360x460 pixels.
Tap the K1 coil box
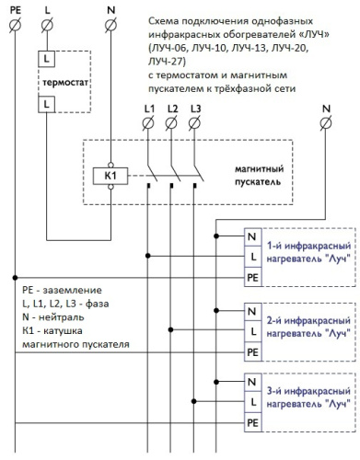(x=109, y=174)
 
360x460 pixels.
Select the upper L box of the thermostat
(x=45, y=58)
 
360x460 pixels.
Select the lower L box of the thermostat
(x=45, y=106)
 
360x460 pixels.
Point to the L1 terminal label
(x=149, y=110)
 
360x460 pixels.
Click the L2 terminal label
(x=171, y=110)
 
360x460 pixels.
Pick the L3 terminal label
(x=193, y=110)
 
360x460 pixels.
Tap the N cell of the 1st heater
(x=252, y=235)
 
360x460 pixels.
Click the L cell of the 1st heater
(x=252, y=255)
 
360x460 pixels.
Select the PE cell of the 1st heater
(x=252, y=275)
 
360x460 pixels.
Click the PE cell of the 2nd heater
(x=252, y=350)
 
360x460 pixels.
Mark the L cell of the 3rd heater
(x=252, y=402)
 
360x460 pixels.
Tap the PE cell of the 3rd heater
(x=252, y=422)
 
